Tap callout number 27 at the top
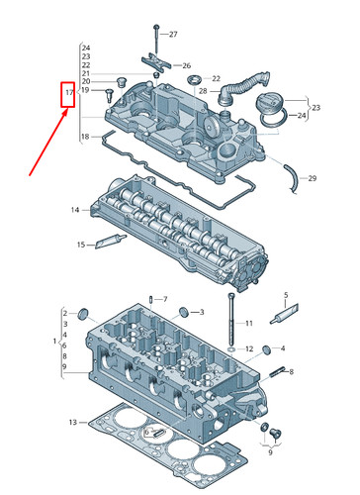tap(173, 35)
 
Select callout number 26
tap(186, 65)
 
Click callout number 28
tap(203, 91)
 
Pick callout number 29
tap(313, 178)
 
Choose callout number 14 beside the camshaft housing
tap(74, 210)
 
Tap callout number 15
tap(81, 245)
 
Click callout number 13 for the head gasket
tap(72, 423)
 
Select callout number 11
tap(249, 323)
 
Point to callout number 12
tap(249, 348)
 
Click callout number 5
tap(285, 294)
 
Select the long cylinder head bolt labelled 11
tap(230, 317)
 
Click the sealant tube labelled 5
tap(285, 316)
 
